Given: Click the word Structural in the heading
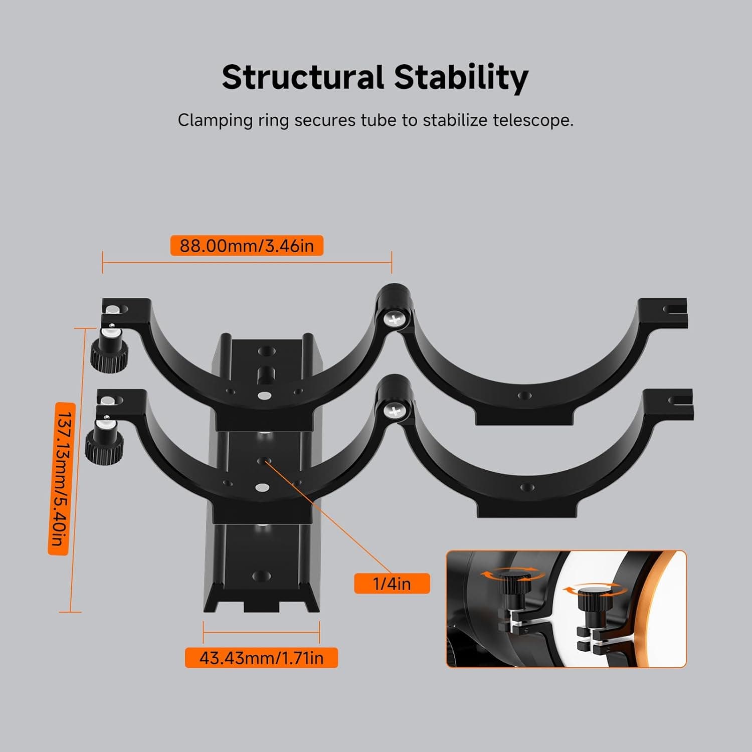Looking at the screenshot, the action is pos(303,78).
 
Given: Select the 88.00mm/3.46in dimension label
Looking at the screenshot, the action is pos(247,246).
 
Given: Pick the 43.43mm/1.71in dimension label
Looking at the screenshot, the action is pos(261,658).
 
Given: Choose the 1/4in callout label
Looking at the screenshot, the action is pos(392,584).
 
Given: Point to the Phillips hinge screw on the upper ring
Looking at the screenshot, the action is pos(395,319).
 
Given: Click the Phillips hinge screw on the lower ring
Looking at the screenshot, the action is pos(394,411).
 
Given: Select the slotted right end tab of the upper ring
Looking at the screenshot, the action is pos(666,312).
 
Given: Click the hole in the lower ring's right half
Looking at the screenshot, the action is pos(526,487).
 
